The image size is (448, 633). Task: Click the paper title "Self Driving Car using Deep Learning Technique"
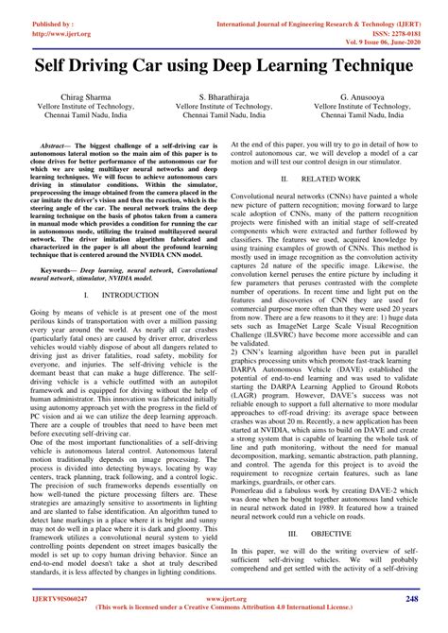224,68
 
